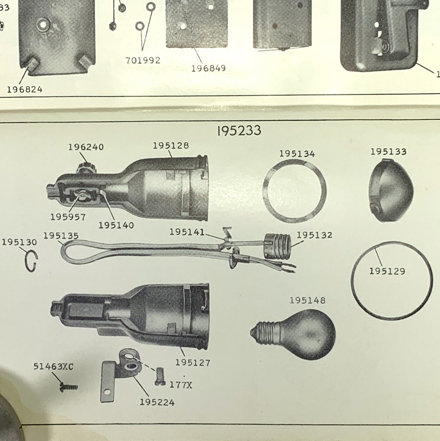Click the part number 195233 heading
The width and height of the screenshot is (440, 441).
coord(239,130)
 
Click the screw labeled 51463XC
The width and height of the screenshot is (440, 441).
coord(69,387)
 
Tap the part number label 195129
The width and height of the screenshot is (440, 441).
coord(387,271)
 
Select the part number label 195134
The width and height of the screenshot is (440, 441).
coord(297,154)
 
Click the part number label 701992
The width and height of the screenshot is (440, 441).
coord(143,60)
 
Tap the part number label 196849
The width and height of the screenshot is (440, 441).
coord(208,68)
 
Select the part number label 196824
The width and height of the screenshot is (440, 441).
coord(25,89)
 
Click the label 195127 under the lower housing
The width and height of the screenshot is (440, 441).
coord(193,363)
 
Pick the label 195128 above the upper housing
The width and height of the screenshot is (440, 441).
coord(171,145)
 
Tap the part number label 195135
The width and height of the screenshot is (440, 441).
coord(61,236)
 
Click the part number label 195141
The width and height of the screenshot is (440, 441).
coord(187,232)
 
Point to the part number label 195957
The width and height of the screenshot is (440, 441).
coord(68,217)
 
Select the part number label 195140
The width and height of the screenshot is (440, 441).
coord(116,225)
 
